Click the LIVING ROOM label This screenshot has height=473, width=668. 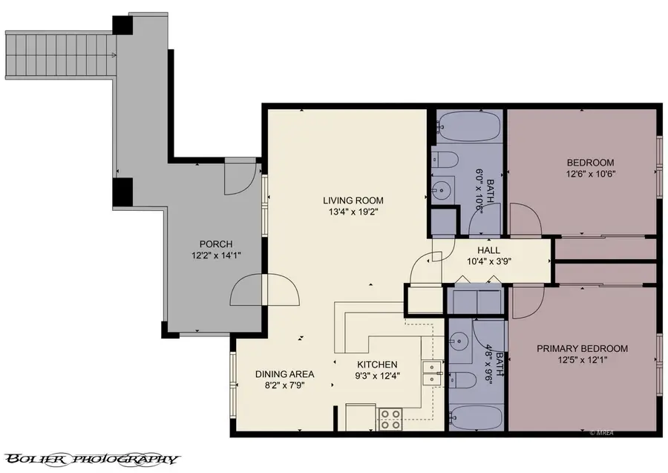pos(353,200)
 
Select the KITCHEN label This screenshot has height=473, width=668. pos(377,365)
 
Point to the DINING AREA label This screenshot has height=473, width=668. pos(285,373)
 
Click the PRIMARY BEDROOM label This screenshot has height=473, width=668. pos(583,348)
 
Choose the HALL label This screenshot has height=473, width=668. pos(488,250)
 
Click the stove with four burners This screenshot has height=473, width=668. pos(390,420)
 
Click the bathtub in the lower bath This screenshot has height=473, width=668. pos(477,417)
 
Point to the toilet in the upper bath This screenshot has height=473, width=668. pos(445,159)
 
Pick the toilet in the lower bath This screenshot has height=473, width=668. pos(464,379)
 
